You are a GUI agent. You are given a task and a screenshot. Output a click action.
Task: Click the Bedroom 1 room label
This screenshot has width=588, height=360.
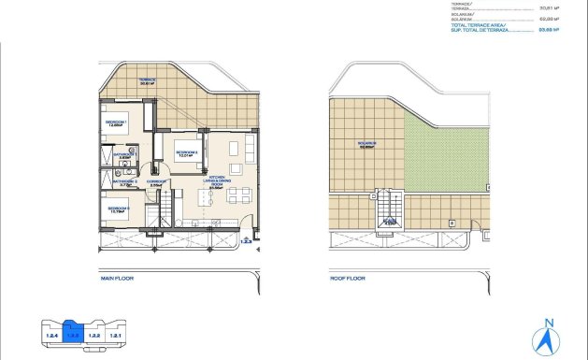(x=117, y=122)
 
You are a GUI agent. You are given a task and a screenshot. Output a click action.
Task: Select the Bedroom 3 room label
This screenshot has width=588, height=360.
(x=118, y=209)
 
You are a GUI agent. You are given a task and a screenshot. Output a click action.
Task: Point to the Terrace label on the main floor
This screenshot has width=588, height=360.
(x=148, y=81)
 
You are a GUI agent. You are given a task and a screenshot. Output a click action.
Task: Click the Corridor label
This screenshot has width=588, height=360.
(x=157, y=183)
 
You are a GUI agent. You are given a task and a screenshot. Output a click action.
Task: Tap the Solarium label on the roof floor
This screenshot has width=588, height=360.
(x=366, y=145)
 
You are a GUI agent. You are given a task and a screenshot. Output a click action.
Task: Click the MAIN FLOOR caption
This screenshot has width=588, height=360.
(x=119, y=278)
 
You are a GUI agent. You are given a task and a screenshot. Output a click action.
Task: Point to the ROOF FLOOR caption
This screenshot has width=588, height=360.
(x=348, y=278)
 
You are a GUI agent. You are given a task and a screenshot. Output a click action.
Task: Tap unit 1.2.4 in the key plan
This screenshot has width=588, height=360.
(x=52, y=335)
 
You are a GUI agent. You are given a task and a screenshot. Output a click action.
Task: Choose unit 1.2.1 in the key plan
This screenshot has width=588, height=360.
(x=116, y=335)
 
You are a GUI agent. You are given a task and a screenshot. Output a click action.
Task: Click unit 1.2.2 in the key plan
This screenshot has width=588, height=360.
(x=95, y=335)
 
